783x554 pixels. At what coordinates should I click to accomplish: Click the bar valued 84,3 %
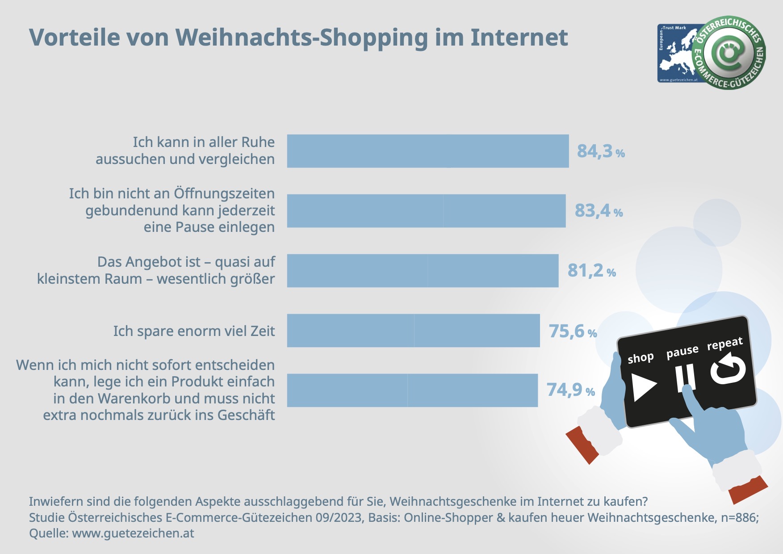click(428, 151)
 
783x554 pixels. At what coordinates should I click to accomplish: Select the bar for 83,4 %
click(426, 211)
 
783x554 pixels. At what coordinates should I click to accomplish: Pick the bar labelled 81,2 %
click(423, 271)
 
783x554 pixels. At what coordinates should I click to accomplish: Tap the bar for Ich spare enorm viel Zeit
click(413, 331)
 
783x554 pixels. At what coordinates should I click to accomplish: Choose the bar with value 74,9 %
click(412, 390)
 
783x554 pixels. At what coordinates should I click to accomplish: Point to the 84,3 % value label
click(600, 151)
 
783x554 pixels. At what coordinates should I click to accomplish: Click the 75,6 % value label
click(572, 332)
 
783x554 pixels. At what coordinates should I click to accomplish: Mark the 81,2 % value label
click(591, 271)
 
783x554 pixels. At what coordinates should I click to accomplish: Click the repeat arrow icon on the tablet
click(728, 369)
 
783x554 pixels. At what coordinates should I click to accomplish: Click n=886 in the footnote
click(737, 517)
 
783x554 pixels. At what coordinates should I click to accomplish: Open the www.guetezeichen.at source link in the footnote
click(133, 533)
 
